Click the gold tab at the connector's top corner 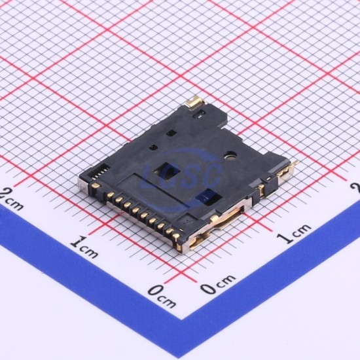click(x=194, y=101)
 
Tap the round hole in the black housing click(x=230, y=155)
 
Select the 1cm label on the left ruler click(x=84, y=249)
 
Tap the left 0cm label click(x=162, y=295)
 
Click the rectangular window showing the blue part click(x=209, y=197)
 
